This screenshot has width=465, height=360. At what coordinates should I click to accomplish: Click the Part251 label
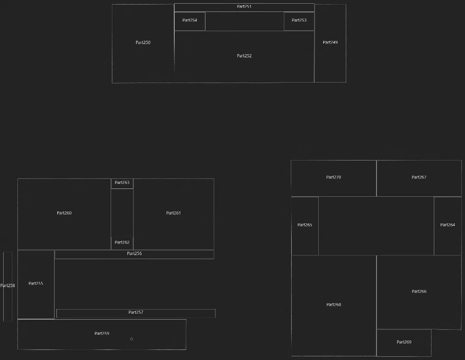click(x=244, y=6)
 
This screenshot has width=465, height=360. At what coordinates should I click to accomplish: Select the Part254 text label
click(x=189, y=20)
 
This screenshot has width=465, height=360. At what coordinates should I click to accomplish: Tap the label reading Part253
click(x=299, y=20)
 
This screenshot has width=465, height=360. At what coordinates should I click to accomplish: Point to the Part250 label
click(x=143, y=42)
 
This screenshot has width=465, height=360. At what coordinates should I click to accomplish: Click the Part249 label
click(x=330, y=42)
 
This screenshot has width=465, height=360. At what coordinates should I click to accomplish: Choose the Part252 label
click(x=244, y=56)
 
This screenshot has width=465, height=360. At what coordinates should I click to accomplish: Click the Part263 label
click(x=122, y=183)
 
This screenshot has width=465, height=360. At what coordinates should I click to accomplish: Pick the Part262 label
click(x=122, y=242)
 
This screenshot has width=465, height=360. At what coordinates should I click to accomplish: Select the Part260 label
click(x=64, y=213)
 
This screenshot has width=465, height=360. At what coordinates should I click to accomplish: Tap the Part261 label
click(x=173, y=213)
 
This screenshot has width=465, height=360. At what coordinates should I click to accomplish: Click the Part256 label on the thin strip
click(x=134, y=253)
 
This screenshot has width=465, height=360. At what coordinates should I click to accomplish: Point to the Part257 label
click(x=136, y=312)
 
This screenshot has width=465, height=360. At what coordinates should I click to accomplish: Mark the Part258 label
click(x=7, y=286)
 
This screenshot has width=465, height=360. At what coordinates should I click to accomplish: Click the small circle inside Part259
click(x=132, y=339)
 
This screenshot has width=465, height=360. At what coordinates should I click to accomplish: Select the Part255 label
click(x=36, y=283)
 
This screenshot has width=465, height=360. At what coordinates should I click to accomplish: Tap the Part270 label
click(x=333, y=177)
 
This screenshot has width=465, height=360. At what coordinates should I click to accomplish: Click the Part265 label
click(x=304, y=225)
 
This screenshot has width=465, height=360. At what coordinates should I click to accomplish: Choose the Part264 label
click(x=448, y=225)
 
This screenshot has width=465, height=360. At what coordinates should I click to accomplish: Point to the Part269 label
click(x=404, y=342)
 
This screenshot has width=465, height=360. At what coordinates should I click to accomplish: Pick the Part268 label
click(x=334, y=305)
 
